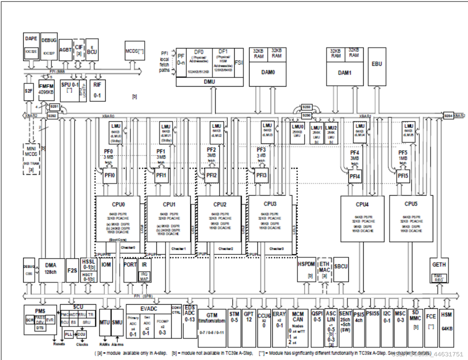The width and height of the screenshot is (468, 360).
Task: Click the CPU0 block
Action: (x=118, y=218)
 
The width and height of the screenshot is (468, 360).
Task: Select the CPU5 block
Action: (x=411, y=218)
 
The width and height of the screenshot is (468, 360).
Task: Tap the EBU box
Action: (x=377, y=66)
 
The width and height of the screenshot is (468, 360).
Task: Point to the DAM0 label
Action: (x=268, y=72)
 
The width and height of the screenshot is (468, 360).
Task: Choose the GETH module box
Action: (x=439, y=270)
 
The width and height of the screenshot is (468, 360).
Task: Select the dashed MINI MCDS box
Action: (x=31, y=159)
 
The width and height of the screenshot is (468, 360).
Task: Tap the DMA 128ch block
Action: (x=51, y=270)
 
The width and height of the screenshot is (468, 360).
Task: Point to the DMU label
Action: (x=209, y=82)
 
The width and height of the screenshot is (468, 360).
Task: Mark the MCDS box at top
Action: (x=134, y=51)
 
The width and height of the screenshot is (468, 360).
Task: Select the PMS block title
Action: (x=40, y=311)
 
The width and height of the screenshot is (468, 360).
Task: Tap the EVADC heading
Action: (x=149, y=309)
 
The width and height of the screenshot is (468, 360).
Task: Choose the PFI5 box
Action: (x=403, y=176)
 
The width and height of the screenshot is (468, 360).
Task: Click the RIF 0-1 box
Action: (x=97, y=90)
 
